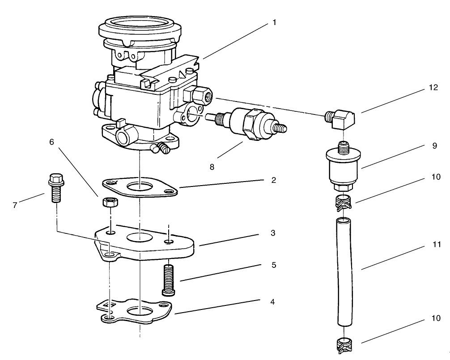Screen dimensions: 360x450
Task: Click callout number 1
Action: (x=274, y=22)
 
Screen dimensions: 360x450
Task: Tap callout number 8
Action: (x=212, y=166)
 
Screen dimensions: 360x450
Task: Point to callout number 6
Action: (x=52, y=142)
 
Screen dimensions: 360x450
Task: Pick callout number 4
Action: (x=272, y=302)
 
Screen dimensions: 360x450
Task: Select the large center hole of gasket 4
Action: (x=140, y=311)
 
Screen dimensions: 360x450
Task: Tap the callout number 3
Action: (x=272, y=233)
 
